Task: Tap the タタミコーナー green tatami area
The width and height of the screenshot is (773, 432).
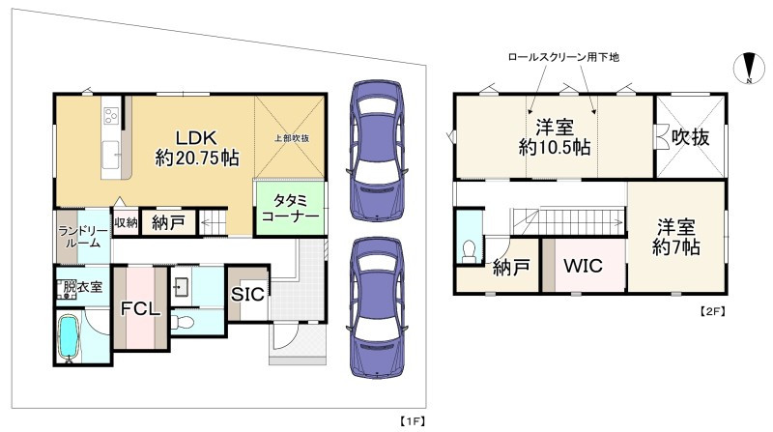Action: [x=290, y=210]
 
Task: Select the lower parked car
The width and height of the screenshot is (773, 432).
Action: [x=375, y=308]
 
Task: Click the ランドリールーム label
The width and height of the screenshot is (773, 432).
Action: [x=78, y=237]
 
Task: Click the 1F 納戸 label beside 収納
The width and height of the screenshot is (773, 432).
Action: [x=169, y=223]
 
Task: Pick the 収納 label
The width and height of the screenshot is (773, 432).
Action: [x=125, y=223]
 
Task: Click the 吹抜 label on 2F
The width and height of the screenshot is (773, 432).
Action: [x=691, y=137]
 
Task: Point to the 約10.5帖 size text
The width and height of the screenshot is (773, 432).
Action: [x=555, y=148]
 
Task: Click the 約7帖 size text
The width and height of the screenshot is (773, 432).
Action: [x=676, y=247]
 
